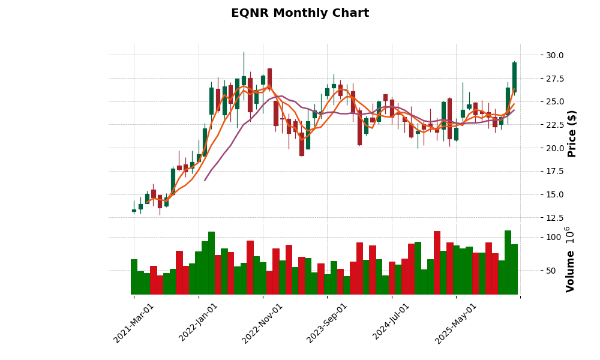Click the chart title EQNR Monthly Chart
(300, 13)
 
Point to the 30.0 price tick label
(538, 55)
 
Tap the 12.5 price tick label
(538, 218)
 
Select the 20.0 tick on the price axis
(538, 148)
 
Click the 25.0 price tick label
(538, 101)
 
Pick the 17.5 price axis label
(538, 171)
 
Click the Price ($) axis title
(572, 133)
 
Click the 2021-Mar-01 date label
(134, 323)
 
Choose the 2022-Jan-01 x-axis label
(199, 323)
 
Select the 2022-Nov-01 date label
(262, 323)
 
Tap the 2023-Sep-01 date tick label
(327, 323)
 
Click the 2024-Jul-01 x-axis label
(391, 323)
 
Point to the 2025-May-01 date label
(456, 323)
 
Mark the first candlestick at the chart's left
(134, 211)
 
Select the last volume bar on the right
(514, 269)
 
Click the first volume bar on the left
(134, 277)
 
